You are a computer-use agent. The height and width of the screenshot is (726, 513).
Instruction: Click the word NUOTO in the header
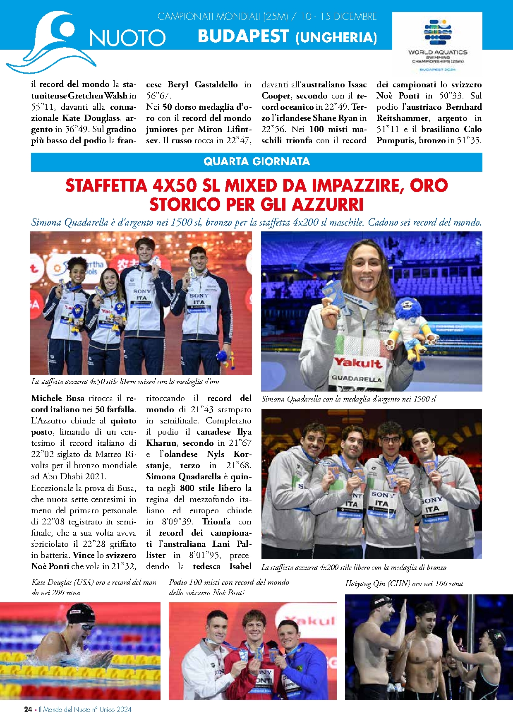pos(127,38)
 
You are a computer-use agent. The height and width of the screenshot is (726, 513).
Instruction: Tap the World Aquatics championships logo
pos(437,43)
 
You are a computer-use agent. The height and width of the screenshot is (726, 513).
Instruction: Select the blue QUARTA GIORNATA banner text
pos(256,161)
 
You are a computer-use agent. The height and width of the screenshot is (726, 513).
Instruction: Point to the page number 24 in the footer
pos(28,709)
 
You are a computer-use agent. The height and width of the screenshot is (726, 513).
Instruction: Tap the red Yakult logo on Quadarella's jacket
pos(357,363)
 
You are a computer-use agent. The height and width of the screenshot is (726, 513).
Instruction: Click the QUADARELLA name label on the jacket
pos(356,379)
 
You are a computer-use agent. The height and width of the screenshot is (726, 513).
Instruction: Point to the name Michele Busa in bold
pos(58,398)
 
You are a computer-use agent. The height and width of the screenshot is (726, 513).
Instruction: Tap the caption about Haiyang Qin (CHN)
pos(404,584)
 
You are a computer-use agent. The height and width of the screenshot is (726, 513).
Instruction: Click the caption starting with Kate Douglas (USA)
pos(95,587)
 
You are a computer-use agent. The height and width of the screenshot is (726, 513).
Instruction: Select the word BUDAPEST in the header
pos(243,36)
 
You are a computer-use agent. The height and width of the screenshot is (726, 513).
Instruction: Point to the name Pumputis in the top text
pos(395,140)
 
